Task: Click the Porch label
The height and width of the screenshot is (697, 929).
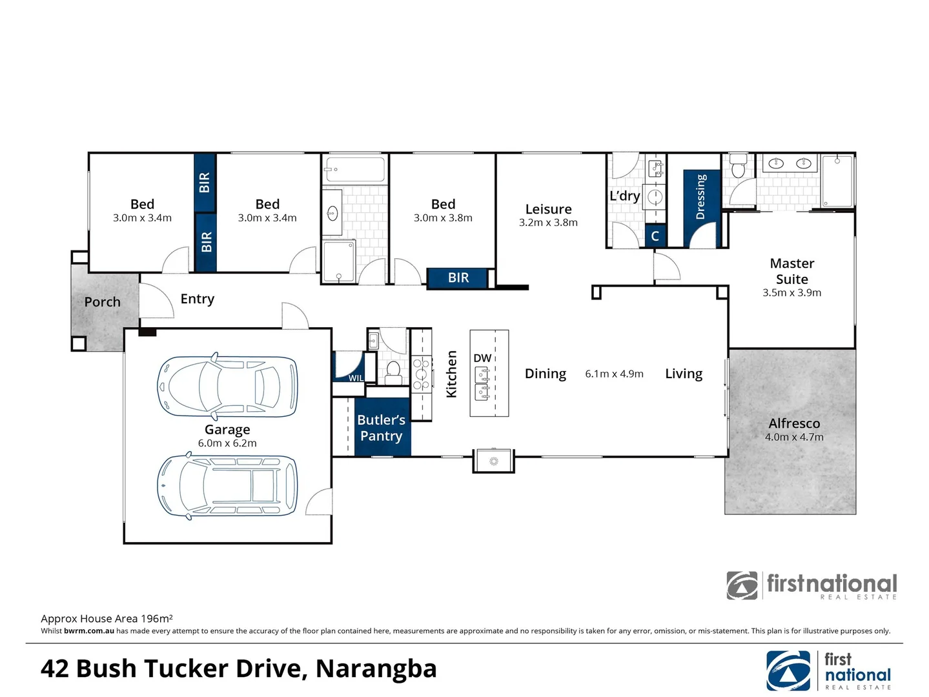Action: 102,302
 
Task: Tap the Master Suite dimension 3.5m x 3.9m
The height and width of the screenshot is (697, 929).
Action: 791,293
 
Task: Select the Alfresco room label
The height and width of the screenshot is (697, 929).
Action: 794,423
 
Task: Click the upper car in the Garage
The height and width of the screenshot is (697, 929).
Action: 227,387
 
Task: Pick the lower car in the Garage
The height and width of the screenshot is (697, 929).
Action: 227,487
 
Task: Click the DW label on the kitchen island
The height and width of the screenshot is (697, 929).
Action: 482,358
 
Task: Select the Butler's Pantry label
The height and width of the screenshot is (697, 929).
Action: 381,428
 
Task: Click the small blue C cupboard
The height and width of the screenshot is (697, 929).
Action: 655,236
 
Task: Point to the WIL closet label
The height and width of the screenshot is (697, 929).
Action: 356,378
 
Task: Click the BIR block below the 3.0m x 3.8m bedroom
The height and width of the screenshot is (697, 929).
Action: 458,278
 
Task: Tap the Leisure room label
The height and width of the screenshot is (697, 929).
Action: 548,209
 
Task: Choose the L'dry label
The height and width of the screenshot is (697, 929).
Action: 624,196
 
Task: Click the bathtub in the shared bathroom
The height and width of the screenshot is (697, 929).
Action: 354,170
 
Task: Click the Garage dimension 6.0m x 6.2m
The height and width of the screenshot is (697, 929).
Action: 227,443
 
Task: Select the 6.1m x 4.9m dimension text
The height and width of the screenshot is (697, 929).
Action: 614,374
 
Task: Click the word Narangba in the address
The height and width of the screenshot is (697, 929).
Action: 376,669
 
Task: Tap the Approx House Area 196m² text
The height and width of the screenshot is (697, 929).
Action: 107,618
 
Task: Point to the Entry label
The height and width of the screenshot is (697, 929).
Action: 197,299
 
